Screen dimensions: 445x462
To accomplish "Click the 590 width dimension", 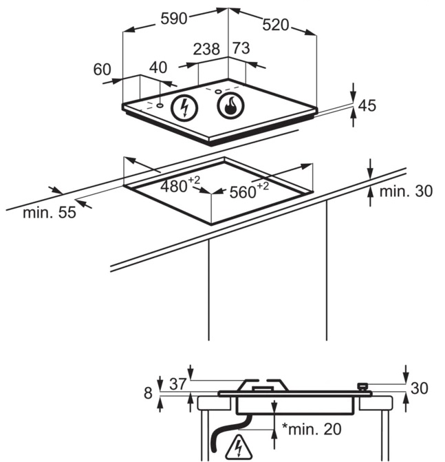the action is (173, 19).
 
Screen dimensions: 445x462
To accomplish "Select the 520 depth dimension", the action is (276, 25).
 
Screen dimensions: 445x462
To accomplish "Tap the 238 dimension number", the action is (206, 49).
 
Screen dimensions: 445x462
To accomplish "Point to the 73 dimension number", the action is (241, 48).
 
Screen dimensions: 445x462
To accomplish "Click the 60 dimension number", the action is (102, 70).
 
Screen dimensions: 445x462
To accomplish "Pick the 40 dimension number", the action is (158, 67).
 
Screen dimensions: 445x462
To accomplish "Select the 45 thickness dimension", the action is (367, 105).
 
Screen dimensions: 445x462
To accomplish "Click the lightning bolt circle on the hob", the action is (184, 107).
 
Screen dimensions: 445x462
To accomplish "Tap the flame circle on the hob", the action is (230, 106).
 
